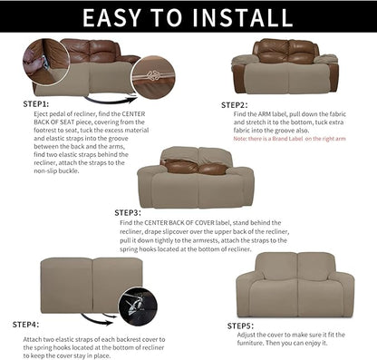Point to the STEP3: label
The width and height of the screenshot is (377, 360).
(x=132, y=212)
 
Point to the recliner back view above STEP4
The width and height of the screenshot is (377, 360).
(x=80, y=284)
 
